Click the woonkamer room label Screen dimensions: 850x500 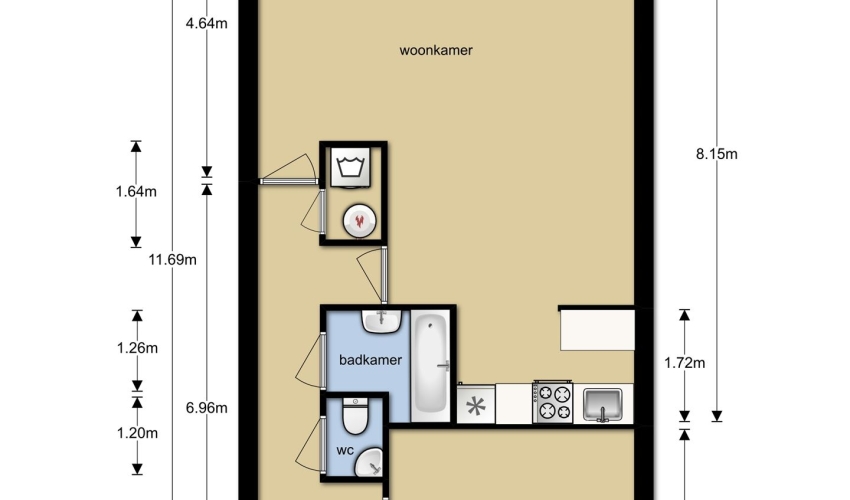click(x=436, y=50)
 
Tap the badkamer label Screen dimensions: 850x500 click(x=370, y=360)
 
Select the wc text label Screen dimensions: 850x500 click(x=345, y=450)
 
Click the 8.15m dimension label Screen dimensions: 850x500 click(x=717, y=154)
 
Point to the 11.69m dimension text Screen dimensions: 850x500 click(x=172, y=260)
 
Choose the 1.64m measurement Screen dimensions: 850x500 click(x=136, y=191)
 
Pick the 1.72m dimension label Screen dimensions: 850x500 click(x=685, y=363)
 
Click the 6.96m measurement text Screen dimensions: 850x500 click(x=207, y=408)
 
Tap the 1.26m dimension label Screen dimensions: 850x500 click(x=137, y=348)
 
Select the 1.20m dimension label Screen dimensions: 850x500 click(x=137, y=433)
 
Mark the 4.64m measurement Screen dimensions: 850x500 click(x=207, y=23)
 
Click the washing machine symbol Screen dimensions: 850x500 click(x=351, y=167)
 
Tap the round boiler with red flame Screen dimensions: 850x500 click(x=359, y=221)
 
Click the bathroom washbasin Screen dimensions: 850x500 click(x=382, y=321)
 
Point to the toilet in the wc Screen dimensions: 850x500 click(x=355, y=416)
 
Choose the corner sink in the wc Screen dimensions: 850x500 click(x=370, y=463)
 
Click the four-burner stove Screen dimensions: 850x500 click(x=553, y=402)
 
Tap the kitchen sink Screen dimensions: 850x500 click(x=603, y=404)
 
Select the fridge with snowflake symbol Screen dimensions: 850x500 click(x=476, y=404)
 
